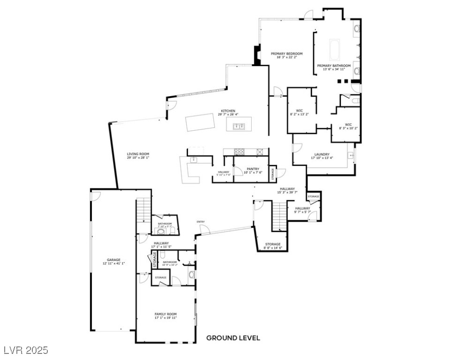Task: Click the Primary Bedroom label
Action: click(286, 54)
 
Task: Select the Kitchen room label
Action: click(228, 111)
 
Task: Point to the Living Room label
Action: click(138, 154)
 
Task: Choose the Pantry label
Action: click(253, 169)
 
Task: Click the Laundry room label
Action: click(322, 154)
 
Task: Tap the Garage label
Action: click(113, 260)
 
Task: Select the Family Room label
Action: click(165, 314)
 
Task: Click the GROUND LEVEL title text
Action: click(233, 337)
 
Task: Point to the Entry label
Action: click(201, 222)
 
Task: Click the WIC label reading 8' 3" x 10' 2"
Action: click(348, 124)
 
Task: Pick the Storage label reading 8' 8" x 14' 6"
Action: click(273, 244)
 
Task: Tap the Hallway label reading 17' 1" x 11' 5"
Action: click(161, 243)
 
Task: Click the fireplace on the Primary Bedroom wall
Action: click(256, 55)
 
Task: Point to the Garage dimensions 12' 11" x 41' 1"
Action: click(113, 263)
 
